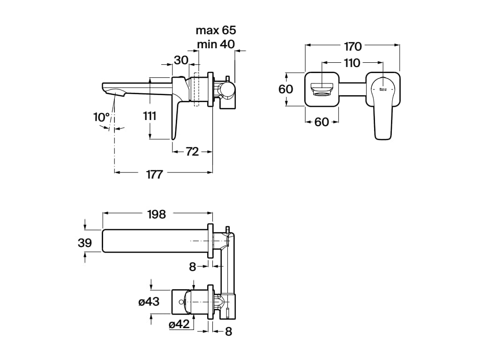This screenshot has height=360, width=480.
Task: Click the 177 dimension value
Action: pyautogui.click(x=154, y=174)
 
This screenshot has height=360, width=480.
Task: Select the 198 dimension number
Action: pyautogui.click(x=157, y=214)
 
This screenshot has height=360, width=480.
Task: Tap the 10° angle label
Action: pyautogui.click(x=101, y=117)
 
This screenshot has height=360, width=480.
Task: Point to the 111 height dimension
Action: pyautogui.click(x=150, y=116)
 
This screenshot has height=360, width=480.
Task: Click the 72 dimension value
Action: pyautogui.click(x=192, y=151)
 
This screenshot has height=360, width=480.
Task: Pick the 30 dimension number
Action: pyautogui.click(x=181, y=60)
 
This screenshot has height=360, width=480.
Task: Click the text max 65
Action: pyautogui.click(x=216, y=31)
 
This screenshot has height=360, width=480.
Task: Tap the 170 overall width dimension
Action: pyautogui.click(x=352, y=46)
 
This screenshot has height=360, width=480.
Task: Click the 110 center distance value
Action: pyautogui.click(x=352, y=63)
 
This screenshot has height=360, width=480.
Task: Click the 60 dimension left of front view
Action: pyautogui.click(x=286, y=89)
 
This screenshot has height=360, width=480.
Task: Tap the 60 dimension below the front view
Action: pyautogui.click(x=321, y=122)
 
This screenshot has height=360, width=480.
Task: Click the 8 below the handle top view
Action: pyautogui.click(x=228, y=331)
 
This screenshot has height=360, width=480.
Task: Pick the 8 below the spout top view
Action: pyautogui.click(x=192, y=267)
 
